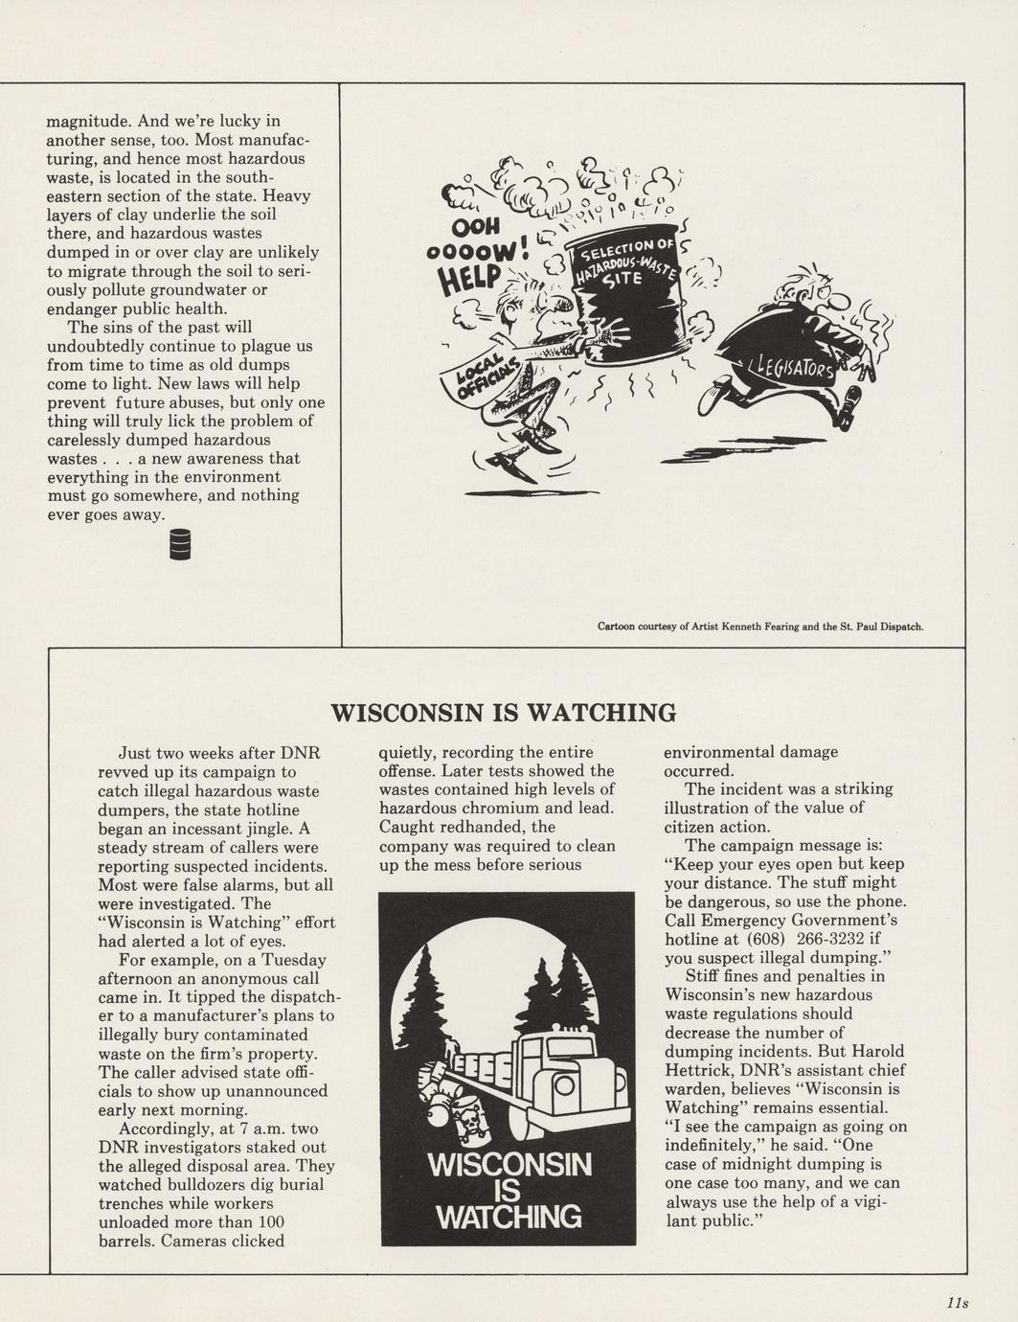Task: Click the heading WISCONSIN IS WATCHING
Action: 503,713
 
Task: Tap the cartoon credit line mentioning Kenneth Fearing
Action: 760,627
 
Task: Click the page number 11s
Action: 957,1302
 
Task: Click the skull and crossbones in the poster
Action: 474,1121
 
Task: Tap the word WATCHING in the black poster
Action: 509,1217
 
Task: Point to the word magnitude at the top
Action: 85,121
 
